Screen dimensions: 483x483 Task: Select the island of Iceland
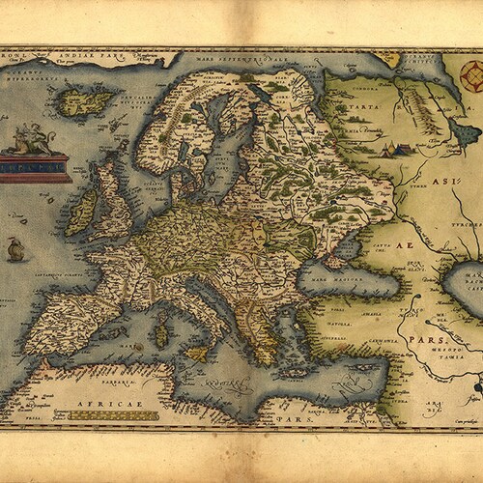tap(87, 99)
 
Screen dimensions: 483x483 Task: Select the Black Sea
tap(348, 280)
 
